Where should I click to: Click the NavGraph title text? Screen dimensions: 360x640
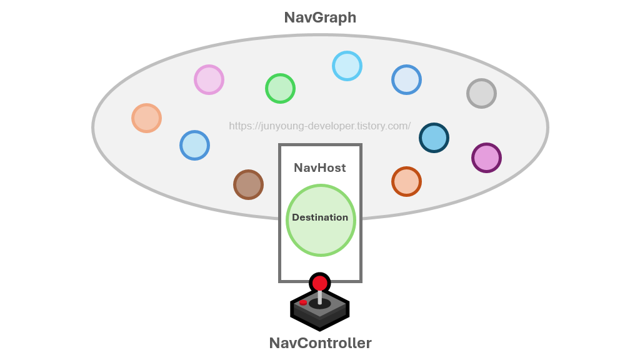coord(320,17)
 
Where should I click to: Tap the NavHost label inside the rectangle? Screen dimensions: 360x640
coord(320,167)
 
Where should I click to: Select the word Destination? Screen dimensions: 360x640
coord(320,217)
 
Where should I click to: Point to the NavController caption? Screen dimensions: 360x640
coord(320,343)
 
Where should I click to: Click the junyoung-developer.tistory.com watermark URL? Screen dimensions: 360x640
coord(320,126)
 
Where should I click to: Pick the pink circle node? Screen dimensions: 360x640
coord(209,80)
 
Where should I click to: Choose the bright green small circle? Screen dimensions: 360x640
coord(280,88)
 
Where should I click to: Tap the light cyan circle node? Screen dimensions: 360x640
coord(347,66)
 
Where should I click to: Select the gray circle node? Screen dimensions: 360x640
coord(481,94)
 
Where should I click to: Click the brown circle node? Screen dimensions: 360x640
coord(248,185)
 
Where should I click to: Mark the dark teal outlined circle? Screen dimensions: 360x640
coord(434,137)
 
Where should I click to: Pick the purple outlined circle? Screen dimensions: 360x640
coord(486,157)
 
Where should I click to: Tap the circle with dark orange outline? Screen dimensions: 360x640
coord(406,182)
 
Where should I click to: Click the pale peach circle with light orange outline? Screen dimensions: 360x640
coord(146,118)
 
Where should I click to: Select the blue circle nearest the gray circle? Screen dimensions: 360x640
coord(406,80)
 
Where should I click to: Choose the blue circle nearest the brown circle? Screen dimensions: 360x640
coord(194,146)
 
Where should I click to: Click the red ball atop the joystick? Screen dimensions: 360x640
coord(320,282)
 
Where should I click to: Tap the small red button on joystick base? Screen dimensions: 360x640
coord(303,302)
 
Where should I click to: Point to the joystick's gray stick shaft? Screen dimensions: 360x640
coord(320,297)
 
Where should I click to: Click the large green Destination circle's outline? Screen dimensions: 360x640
coord(287,220)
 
